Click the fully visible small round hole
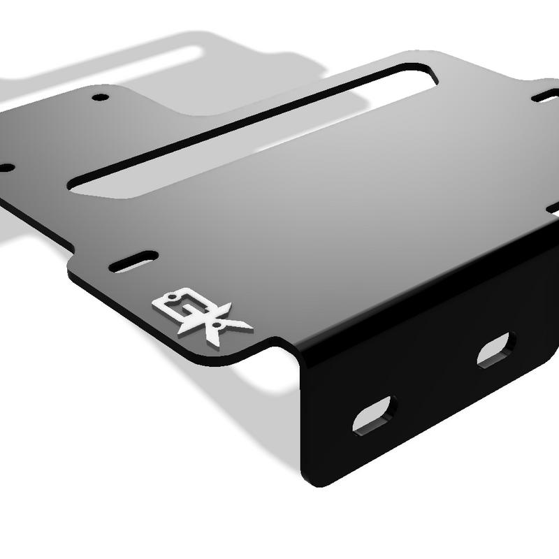click(x=102, y=96)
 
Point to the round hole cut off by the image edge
click(x=6, y=168)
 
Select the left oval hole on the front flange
click(x=375, y=416)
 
